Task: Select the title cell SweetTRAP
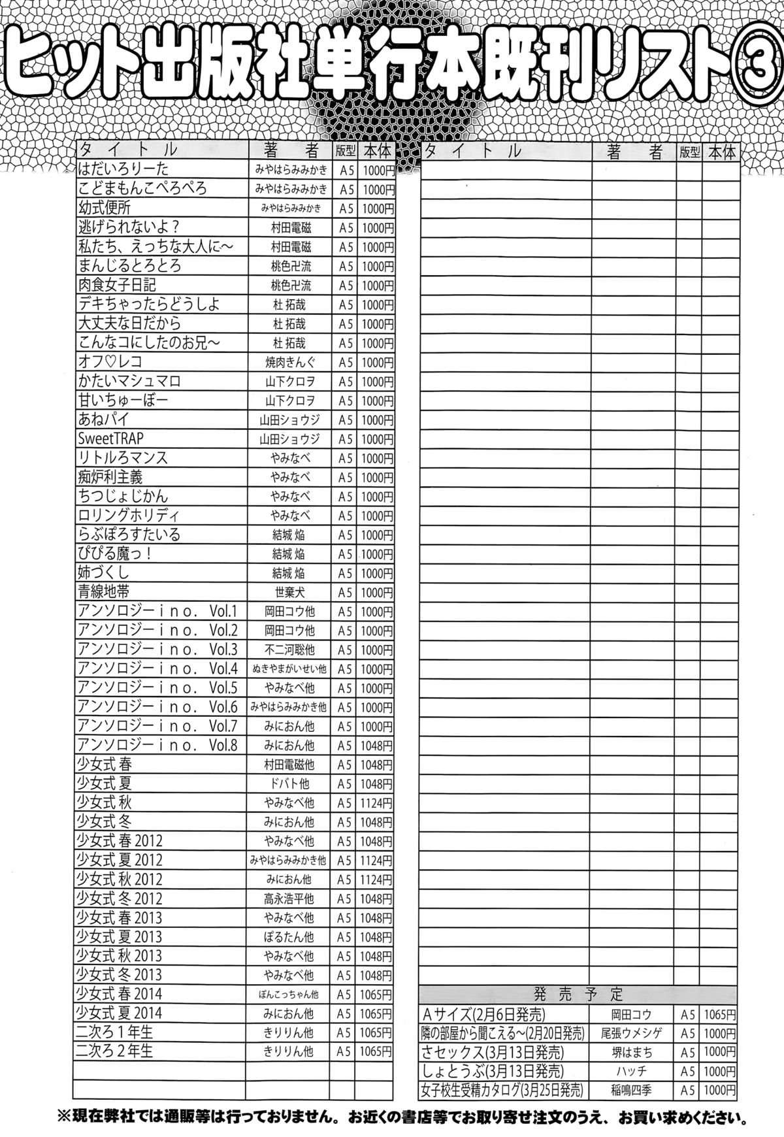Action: tap(110, 438)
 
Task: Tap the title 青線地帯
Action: tap(103, 591)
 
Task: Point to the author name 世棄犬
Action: tap(289, 592)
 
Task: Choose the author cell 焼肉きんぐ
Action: tap(289, 362)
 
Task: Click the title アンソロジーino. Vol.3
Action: tap(157, 650)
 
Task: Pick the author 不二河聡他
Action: tap(289, 650)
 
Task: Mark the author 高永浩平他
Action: tap(289, 898)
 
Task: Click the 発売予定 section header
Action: tap(578, 994)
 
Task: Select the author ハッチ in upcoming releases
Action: tap(632, 1071)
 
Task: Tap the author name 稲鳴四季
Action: tap(632, 1090)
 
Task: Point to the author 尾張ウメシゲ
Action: tap(632, 1033)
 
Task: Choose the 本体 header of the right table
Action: tap(721, 152)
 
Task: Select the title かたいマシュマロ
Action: tap(129, 380)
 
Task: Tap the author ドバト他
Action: tap(289, 783)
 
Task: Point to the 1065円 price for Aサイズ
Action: tap(719, 1014)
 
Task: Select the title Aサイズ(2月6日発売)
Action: tap(484, 1014)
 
